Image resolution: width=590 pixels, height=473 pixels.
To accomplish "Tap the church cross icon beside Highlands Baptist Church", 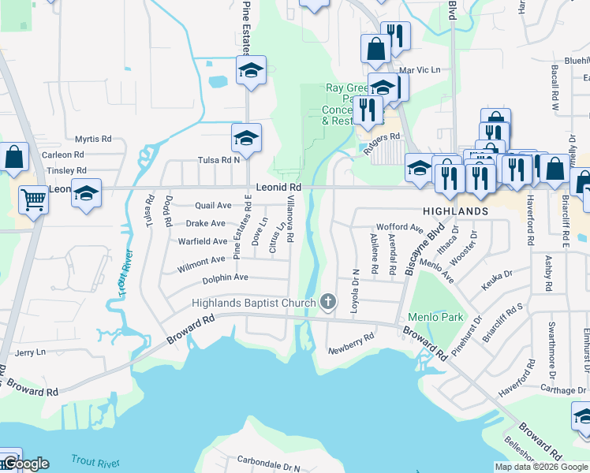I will [x=328, y=302].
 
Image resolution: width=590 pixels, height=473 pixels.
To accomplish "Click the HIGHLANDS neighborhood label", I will [x=456, y=212].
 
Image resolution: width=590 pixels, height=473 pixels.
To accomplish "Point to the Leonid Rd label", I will [x=279, y=187].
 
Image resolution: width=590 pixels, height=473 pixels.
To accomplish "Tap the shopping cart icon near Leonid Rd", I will [x=33, y=200].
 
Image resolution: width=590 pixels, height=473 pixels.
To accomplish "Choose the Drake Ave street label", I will [x=206, y=223].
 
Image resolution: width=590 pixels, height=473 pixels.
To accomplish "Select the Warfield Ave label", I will [x=203, y=241].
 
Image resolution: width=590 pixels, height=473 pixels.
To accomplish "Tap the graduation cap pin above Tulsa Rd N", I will [x=247, y=140].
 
